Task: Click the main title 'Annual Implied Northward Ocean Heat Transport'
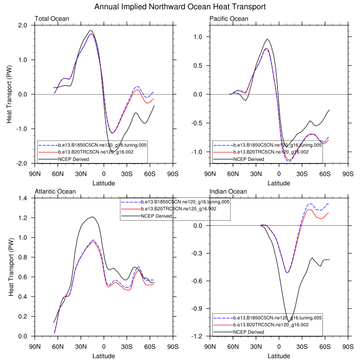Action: tap(180, 7)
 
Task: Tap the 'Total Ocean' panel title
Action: tap(52, 20)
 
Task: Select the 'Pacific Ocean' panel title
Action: tap(229, 20)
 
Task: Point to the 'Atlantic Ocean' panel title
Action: tap(56, 192)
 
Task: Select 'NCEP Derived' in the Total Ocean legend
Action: tap(75, 159)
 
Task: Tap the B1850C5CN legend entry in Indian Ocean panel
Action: tap(277, 318)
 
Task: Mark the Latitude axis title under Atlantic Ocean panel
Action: tap(104, 355)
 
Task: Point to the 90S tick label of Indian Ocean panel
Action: tap(348, 345)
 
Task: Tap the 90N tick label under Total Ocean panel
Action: tap(35, 172)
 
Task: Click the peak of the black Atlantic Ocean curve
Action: tap(92, 217)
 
